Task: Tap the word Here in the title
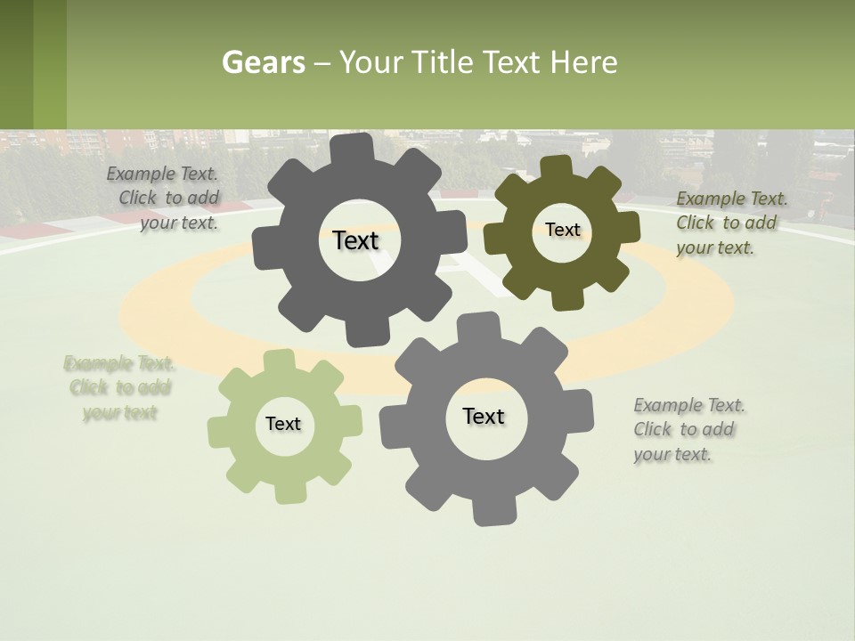pyautogui.click(x=583, y=62)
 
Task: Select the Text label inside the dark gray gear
pyautogui.click(x=355, y=240)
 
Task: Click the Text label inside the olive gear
pyautogui.click(x=562, y=230)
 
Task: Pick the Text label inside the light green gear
pyautogui.click(x=283, y=424)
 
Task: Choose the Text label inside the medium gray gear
pyautogui.click(x=484, y=416)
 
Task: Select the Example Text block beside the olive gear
pyautogui.click(x=731, y=223)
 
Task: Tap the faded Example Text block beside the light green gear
pyautogui.click(x=119, y=387)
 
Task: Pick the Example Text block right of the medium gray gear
pyautogui.click(x=689, y=429)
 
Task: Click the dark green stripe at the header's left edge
pyautogui.click(x=16, y=64)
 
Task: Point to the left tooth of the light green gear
pyautogui.click(x=219, y=430)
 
